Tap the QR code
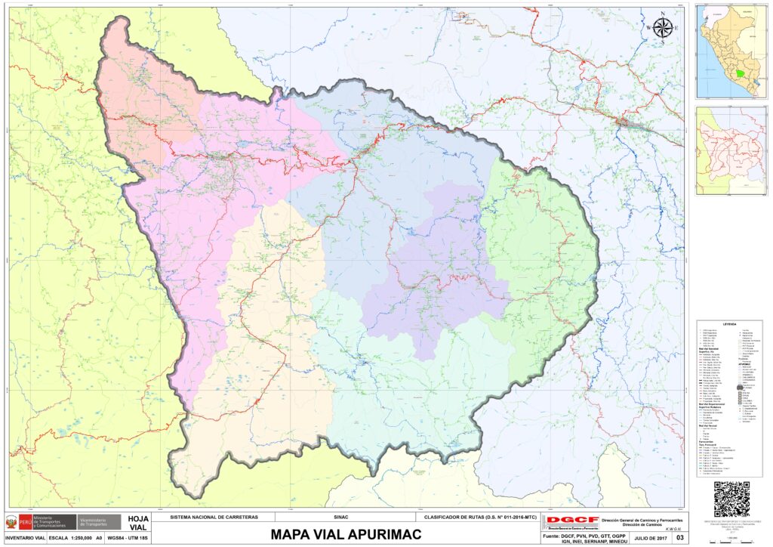click(731, 498)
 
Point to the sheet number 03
click(679, 538)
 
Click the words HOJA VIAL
click(134, 523)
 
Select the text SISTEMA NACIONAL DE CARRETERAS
click(214, 518)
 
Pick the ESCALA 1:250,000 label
click(69, 538)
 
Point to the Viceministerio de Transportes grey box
click(100, 521)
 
